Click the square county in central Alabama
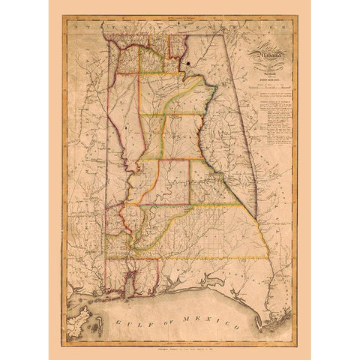click(x=173, y=180)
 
